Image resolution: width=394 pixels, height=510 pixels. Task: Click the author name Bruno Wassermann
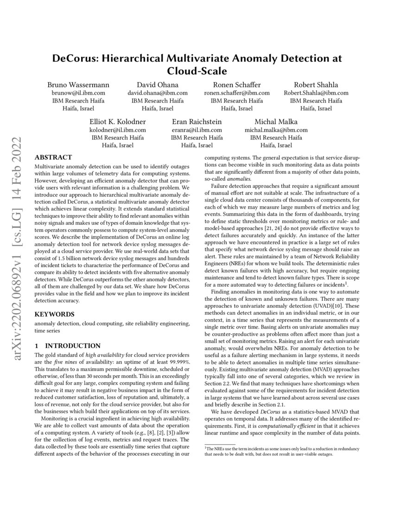click(78, 84)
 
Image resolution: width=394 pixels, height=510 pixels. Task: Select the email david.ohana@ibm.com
click(157, 93)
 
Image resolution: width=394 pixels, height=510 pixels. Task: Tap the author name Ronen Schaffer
click(236, 84)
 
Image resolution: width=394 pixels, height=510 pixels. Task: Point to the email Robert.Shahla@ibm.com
click(316, 93)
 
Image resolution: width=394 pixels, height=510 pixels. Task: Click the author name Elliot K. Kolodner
click(118, 122)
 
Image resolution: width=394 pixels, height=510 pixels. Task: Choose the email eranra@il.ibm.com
click(197, 130)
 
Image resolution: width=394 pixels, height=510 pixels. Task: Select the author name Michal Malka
click(276, 122)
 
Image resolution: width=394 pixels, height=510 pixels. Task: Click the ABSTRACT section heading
click(53, 157)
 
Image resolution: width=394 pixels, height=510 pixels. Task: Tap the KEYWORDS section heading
click(54, 313)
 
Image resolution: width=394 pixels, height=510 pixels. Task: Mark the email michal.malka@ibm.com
click(276, 130)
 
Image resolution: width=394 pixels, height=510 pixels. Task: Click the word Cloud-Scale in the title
click(197, 71)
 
